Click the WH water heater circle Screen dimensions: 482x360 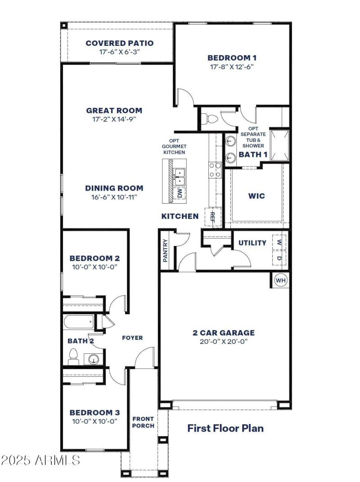pos(281,281)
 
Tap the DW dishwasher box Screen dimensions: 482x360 pos(180,193)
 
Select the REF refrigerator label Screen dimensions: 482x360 pos(213,217)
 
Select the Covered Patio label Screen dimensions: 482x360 pos(119,43)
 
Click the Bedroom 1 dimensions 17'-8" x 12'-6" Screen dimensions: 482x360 pos(232,67)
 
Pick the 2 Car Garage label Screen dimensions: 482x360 pos(224,333)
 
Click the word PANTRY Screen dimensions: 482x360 pos(165,250)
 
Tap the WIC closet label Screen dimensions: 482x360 pos(256,196)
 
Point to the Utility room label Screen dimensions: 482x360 pos(252,243)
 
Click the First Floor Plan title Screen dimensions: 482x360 pos(225,428)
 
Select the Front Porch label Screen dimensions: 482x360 pos(143,422)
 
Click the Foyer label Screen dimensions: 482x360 pos(132,338)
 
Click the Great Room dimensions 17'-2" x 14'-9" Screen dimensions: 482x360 pos(114,119)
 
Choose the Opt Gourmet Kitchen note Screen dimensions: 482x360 pos(174,147)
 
